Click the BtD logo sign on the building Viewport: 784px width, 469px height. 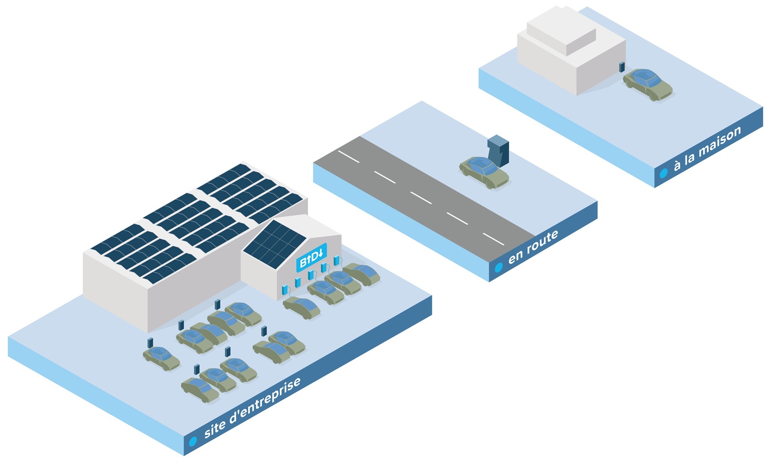311,257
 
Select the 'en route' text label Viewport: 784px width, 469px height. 533,247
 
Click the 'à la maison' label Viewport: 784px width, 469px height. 707,148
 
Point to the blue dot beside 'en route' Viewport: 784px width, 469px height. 499,268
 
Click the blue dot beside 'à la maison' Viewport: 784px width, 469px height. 663,173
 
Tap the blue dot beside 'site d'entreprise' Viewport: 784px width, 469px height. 192,442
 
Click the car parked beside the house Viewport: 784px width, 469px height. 648,84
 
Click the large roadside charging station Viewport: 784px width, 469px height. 499,150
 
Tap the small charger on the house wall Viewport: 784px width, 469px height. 622,67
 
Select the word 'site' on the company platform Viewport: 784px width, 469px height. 215,429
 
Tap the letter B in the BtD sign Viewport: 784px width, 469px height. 303,262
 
